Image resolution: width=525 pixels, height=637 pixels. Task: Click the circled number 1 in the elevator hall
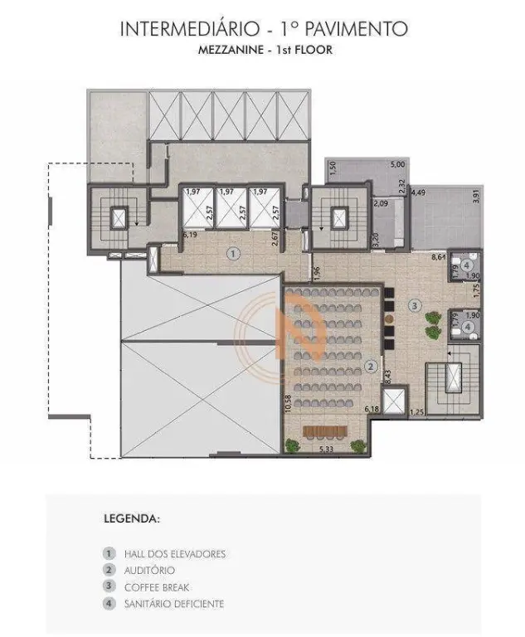pyautogui.click(x=233, y=255)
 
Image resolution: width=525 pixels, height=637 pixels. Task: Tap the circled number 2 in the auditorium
pyautogui.click(x=371, y=367)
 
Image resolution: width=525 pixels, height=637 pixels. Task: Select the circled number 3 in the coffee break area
pyautogui.click(x=415, y=305)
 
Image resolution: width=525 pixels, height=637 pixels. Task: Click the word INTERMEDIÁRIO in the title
pyautogui.click(x=189, y=29)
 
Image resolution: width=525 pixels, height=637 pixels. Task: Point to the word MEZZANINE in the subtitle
pyautogui.click(x=231, y=50)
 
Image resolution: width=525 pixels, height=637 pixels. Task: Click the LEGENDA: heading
pyautogui.click(x=132, y=518)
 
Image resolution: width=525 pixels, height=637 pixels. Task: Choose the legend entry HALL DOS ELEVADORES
pyautogui.click(x=175, y=554)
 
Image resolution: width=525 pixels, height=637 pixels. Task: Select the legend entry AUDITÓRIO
pyautogui.click(x=149, y=571)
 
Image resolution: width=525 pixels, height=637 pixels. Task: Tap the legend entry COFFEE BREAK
pyautogui.click(x=157, y=587)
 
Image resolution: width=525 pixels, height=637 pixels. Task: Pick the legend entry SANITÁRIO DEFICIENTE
pyautogui.click(x=174, y=604)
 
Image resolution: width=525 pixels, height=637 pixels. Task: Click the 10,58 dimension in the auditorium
pyautogui.click(x=289, y=404)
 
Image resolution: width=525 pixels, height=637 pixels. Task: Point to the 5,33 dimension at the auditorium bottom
pyautogui.click(x=325, y=450)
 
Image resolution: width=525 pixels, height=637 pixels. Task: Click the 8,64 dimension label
pyautogui.click(x=440, y=257)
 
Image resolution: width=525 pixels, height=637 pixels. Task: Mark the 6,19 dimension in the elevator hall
pyautogui.click(x=190, y=235)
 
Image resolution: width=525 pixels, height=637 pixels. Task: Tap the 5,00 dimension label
pyautogui.click(x=398, y=164)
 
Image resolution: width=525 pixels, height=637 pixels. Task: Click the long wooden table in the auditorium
pyautogui.click(x=325, y=430)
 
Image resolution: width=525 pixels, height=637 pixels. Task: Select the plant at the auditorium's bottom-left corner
pyautogui.click(x=292, y=445)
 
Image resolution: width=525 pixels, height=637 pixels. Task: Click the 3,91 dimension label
pyautogui.click(x=477, y=197)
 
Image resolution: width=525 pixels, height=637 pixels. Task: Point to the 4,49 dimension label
pyautogui.click(x=419, y=192)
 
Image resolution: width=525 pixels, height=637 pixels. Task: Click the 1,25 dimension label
pyautogui.click(x=417, y=412)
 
